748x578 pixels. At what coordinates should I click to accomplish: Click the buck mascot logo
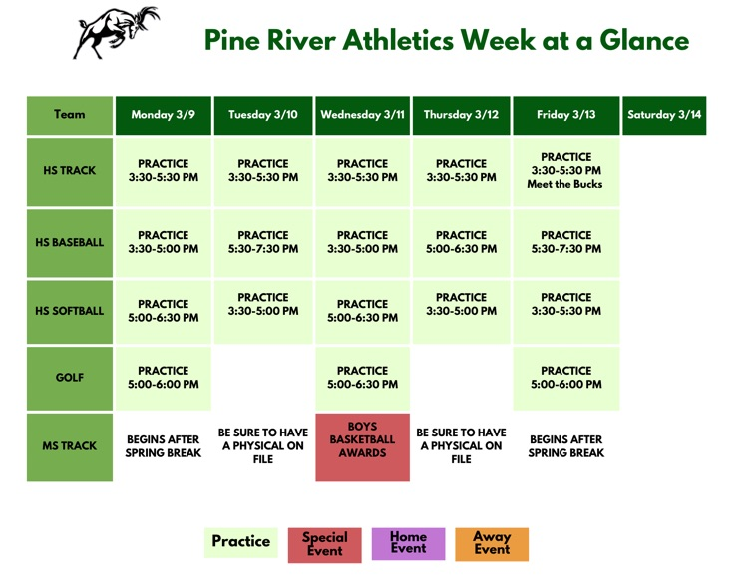pos(116,33)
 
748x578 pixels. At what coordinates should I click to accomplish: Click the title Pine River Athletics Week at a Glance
pos(446,40)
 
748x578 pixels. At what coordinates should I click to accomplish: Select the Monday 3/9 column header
pos(164,115)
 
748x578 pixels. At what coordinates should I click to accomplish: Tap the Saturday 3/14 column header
pos(664,115)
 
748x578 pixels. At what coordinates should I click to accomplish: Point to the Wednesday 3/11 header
pos(363,115)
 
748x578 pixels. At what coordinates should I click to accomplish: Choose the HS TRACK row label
pos(70,171)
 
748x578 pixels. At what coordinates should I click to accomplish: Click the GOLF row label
pos(70,378)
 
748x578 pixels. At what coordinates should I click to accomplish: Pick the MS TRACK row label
pos(70,446)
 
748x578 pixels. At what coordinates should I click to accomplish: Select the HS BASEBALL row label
pos(70,242)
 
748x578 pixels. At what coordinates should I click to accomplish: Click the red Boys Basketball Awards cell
pos(363,446)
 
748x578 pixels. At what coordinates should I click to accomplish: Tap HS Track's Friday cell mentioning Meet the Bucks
pos(565,171)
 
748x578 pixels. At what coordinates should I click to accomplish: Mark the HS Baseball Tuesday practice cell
pos(263,242)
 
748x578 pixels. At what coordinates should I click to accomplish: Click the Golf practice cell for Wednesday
pos(363,378)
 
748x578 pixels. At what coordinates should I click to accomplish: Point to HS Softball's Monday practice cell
pos(164,311)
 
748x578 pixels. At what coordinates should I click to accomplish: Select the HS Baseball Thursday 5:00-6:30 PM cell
pos(461,242)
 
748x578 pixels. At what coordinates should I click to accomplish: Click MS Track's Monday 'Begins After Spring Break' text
pos(164,446)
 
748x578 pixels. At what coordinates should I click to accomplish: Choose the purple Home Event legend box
pos(408,543)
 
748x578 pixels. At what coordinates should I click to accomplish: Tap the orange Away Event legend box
pos(492,543)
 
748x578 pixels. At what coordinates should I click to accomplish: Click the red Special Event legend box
pos(325,544)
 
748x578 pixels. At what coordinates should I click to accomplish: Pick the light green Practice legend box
pos(241,543)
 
